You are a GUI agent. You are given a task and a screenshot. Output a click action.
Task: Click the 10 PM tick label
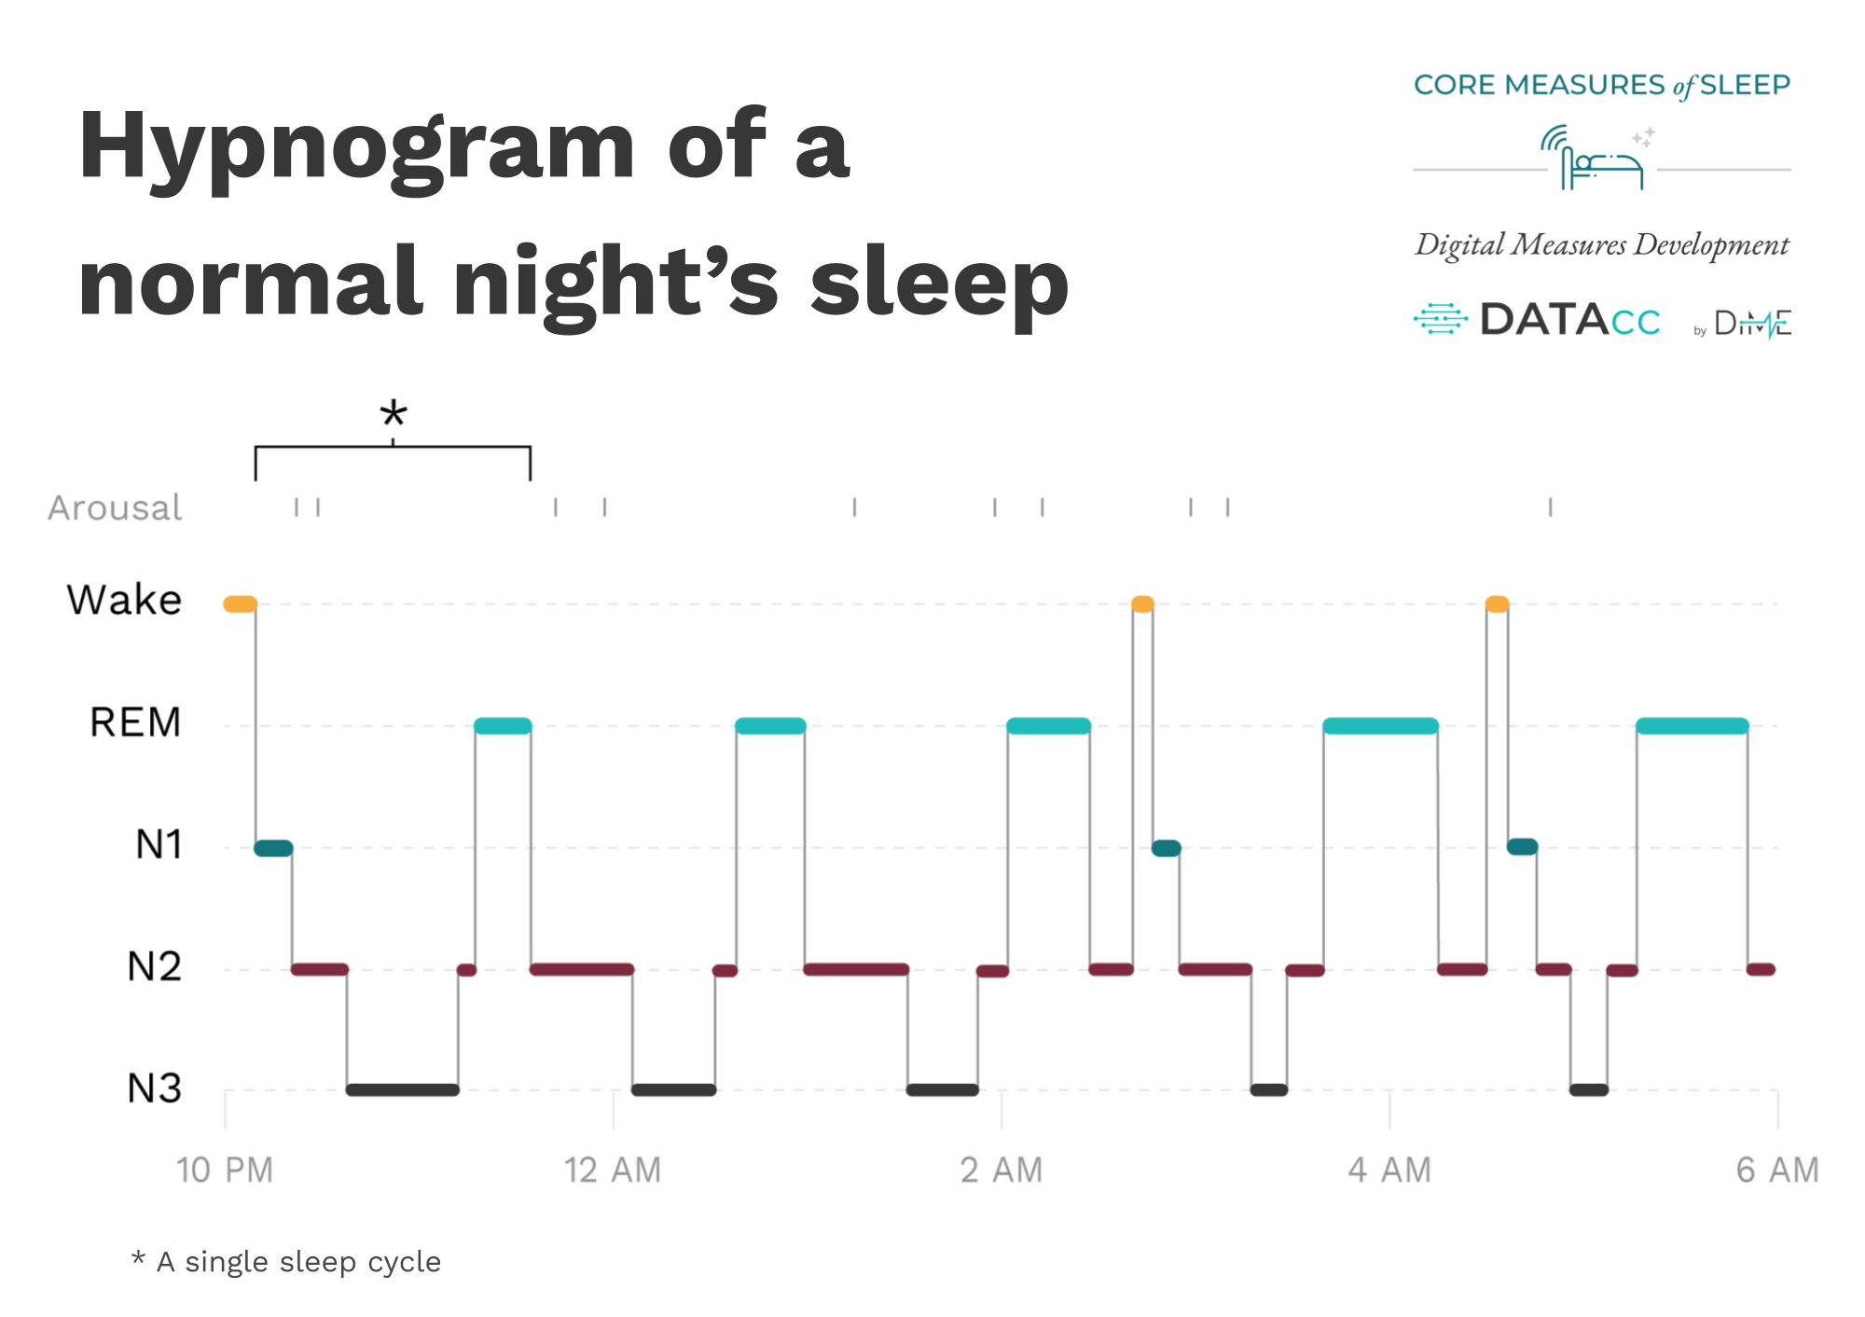click(x=225, y=1170)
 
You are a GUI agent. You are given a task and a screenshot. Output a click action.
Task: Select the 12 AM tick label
click(x=613, y=1170)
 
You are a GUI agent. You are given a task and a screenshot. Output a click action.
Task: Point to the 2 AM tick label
click(x=1002, y=1170)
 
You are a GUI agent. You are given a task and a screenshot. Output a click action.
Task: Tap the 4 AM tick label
click(x=1389, y=1170)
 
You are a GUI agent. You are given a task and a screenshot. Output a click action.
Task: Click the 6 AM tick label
click(x=1777, y=1170)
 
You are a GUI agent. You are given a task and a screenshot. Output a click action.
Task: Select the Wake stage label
click(x=125, y=600)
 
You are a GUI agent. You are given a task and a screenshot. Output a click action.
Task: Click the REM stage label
click(x=135, y=722)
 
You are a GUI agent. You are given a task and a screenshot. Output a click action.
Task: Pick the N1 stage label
click(x=159, y=844)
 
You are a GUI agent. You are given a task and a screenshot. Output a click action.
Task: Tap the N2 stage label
click(x=155, y=966)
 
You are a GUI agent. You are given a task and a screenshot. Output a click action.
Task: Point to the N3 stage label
click(x=155, y=1088)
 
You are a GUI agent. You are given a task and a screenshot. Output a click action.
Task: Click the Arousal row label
click(x=115, y=508)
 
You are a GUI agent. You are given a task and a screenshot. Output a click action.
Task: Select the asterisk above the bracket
click(x=394, y=413)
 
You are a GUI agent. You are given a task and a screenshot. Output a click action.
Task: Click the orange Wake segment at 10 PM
click(x=240, y=604)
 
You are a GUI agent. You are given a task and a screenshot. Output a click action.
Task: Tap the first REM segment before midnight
click(x=503, y=726)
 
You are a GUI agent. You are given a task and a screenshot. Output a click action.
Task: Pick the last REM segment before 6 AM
click(x=1692, y=726)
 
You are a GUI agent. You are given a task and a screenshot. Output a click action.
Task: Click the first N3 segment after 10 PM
click(x=402, y=1089)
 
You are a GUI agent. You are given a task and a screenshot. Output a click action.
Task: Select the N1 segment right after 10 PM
click(x=273, y=848)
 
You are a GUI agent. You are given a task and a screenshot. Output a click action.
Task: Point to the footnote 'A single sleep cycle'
click(x=298, y=1262)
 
